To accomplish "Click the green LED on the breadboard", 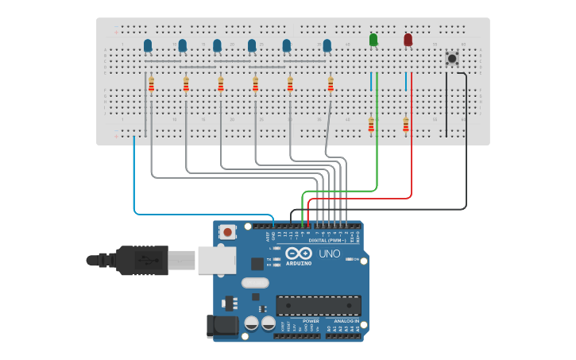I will tap(373, 40).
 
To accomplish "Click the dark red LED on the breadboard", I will tap(408, 40).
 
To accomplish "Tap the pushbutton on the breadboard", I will tap(452, 58).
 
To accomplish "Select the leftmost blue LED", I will tap(148, 45).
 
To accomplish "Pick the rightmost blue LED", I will tap(327, 45).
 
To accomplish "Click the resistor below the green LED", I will tap(371, 124).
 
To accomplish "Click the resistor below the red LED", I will tap(406, 124).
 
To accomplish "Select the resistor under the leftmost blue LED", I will tap(151, 84).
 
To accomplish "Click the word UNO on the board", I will tap(330, 254).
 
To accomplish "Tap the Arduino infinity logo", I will tap(296, 254).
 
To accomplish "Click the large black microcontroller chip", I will tap(319, 305).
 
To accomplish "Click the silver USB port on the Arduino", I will tap(217, 260).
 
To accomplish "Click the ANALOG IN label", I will tap(346, 321).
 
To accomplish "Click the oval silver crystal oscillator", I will tap(255, 283).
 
